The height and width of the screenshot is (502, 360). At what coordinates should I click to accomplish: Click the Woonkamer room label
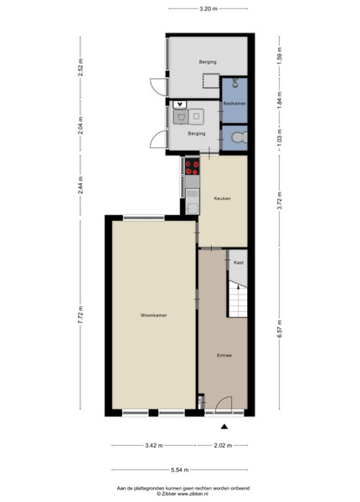click(154, 315)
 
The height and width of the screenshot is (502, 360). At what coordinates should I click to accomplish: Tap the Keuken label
click(222, 198)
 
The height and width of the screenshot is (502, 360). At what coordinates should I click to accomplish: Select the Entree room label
click(224, 356)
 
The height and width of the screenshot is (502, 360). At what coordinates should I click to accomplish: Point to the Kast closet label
click(239, 263)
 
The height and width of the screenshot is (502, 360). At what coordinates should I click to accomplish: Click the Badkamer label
click(234, 104)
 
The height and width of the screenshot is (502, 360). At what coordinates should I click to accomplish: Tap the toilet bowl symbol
click(239, 138)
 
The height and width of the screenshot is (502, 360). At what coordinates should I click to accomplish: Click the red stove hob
click(193, 167)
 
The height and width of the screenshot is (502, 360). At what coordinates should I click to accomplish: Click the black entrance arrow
click(224, 426)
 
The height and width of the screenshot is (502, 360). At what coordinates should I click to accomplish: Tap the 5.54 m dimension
click(180, 469)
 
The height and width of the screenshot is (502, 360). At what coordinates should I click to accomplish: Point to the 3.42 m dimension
click(154, 445)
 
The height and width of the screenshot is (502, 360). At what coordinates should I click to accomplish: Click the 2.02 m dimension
click(223, 445)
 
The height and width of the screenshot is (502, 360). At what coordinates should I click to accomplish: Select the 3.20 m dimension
click(208, 9)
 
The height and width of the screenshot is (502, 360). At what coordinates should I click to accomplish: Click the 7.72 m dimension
click(80, 315)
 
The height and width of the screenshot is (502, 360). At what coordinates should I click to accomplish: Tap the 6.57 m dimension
click(280, 329)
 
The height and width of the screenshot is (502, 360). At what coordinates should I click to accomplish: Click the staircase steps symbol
click(238, 300)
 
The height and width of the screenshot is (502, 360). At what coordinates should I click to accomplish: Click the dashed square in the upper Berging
click(211, 81)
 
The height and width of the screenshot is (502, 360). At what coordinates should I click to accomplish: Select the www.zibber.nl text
click(192, 494)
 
